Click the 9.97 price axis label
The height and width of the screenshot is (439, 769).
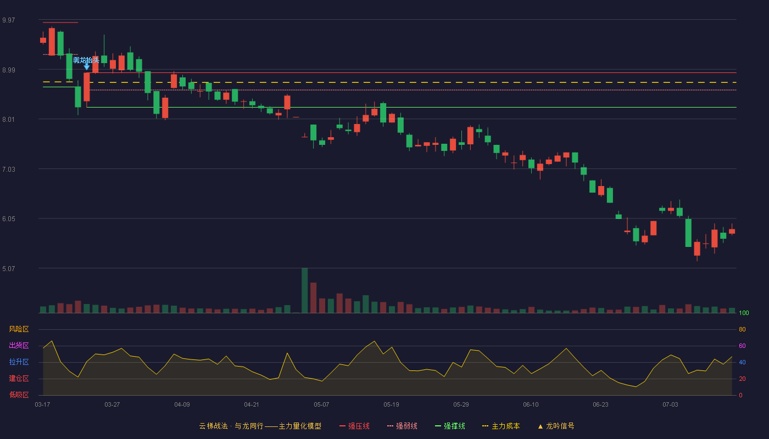coord(9,20)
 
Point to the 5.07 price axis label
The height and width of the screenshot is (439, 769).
coord(9,268)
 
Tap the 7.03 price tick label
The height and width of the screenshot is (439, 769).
coord(9,170)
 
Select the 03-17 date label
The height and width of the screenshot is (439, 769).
coord(43,405)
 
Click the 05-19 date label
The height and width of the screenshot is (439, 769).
coord(391,405)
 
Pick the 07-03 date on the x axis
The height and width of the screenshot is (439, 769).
coord(671,405)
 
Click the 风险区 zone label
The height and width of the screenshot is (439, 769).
coord(19,329)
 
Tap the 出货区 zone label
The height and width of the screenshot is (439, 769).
coord(19,345)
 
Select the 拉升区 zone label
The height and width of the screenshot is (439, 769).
coord(19,362)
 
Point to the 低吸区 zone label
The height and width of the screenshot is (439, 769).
coord(19,395)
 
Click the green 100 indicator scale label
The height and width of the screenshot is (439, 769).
coord(744,313)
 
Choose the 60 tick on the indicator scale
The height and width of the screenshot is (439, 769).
coord(742,346)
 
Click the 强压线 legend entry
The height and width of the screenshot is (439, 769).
coord(354,426)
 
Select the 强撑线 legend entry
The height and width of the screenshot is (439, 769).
coord(450,426)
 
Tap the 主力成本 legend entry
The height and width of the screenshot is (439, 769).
coord(501,426)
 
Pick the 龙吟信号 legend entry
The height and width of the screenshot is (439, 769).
coord(556,426)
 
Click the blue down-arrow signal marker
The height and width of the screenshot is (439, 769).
coord(87,66)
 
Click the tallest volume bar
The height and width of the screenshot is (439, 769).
coord(304,290)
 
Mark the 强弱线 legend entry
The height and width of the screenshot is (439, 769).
coord(402,426)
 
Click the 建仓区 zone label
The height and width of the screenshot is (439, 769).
coord(19,378)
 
